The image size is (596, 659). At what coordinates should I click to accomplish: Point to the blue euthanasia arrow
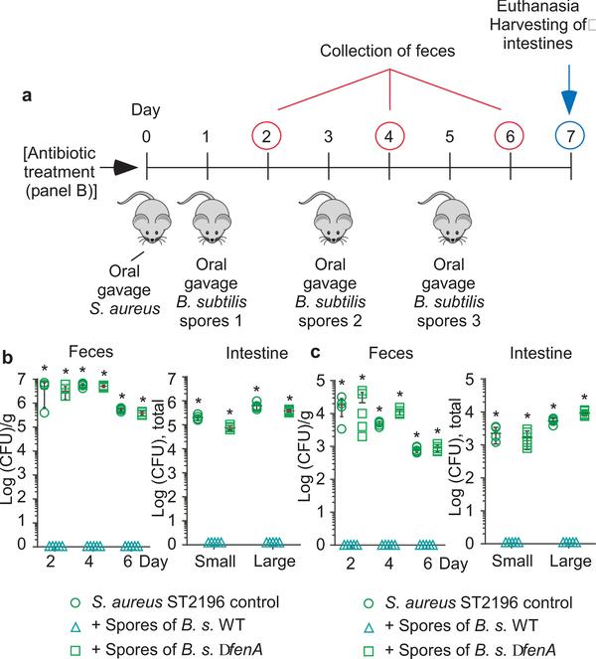tap(570, 88)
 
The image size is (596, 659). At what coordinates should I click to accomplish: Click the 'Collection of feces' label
tap(388, 50)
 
